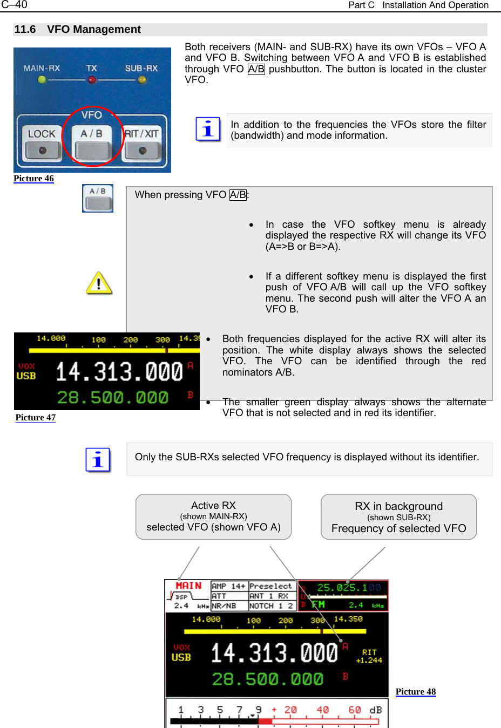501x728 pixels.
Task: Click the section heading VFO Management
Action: [93, 30]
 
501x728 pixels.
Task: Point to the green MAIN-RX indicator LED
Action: [42, 80]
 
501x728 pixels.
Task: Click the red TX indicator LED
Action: [92, 80]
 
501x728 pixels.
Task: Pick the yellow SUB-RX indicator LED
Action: [142, 80]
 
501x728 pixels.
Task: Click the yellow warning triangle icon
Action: [99, 283]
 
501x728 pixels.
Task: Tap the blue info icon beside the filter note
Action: [208, 130]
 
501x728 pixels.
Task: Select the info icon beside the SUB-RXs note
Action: [98, 460]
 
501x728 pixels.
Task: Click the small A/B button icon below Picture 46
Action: [98, 199]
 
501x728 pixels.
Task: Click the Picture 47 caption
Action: [36, 418]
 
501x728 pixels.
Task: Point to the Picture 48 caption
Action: [416, 692]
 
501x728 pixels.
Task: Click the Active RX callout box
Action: [213, 516]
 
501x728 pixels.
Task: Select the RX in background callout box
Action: [398, 517]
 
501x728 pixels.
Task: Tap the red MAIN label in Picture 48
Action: [188, 586]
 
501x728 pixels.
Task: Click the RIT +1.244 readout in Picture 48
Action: [369, 656]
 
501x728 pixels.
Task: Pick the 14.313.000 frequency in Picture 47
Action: [119, 372]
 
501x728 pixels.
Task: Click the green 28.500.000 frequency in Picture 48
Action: [267, 679]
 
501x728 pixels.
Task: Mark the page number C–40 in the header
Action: [15, 5]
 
